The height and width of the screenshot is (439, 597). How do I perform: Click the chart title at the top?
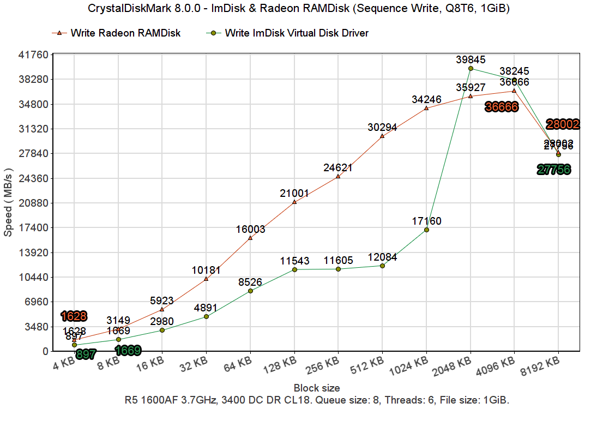[x=298, y=9]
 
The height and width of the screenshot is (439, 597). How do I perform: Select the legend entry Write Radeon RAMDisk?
[x=125, y=33]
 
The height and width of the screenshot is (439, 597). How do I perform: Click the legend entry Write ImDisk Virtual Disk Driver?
[x=297, y=33]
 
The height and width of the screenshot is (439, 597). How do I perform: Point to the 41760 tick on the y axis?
[x=34, y=55]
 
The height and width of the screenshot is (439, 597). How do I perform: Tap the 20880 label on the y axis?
[x=34, y=203]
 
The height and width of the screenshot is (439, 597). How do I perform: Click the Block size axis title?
[x=317, y=388]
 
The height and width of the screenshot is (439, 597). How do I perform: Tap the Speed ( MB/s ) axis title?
[x=8, y=202]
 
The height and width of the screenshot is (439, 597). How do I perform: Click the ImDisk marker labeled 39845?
[x=471, y=68]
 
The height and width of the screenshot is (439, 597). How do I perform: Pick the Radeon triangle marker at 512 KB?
[x=382, y=136]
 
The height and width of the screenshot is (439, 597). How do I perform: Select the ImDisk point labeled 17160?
[x=426, y=230]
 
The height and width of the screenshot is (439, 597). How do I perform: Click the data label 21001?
[x=294, y=193]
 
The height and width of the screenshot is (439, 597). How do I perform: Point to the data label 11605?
[x=338, y=260]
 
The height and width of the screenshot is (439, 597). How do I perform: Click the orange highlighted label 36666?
[x=502, y=107]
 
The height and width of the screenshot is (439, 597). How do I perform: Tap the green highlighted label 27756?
[x=554, y=170]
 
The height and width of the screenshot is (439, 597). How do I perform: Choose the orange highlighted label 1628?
[x=74, y=316]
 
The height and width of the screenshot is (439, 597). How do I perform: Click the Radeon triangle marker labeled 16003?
[x=250, y=238]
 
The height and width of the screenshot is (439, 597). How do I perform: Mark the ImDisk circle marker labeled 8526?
[x=250, y=291]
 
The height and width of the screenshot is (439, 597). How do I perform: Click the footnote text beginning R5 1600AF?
[x=317, y=400]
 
